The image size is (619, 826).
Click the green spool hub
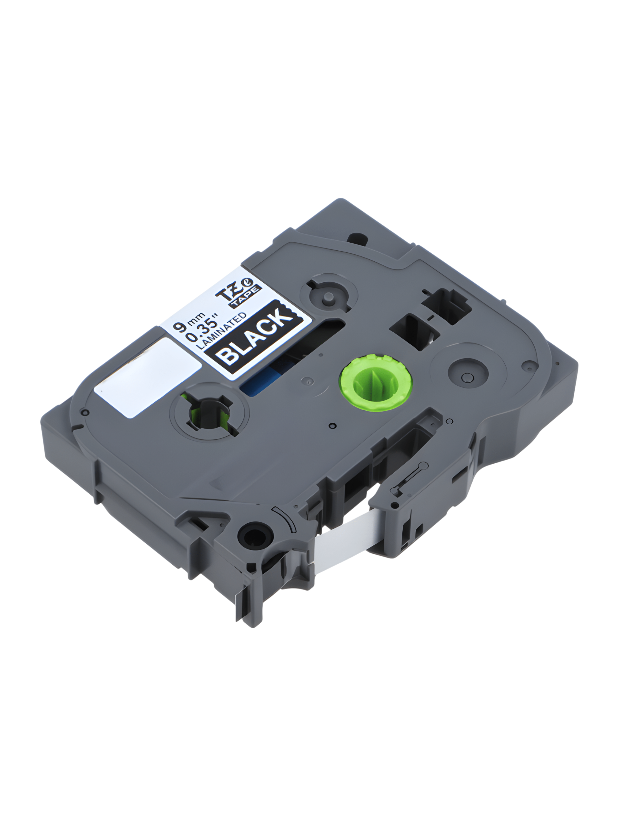375,383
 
